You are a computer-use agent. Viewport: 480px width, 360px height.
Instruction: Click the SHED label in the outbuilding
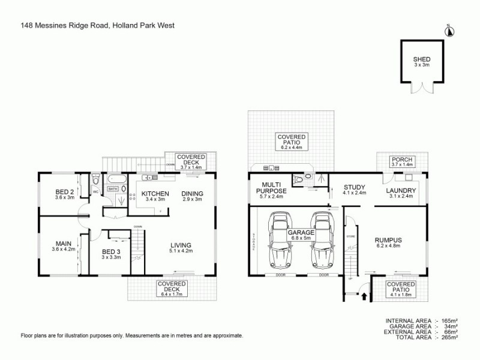421,59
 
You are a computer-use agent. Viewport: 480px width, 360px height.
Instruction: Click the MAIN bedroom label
64,243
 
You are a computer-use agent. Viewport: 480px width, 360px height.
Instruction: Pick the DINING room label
193,193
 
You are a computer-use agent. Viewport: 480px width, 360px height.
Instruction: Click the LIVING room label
181,245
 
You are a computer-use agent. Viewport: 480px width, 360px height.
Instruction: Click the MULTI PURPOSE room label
272,187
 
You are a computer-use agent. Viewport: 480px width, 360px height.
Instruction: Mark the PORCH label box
401,161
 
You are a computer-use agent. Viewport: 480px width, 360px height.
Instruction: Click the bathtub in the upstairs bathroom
115,178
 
